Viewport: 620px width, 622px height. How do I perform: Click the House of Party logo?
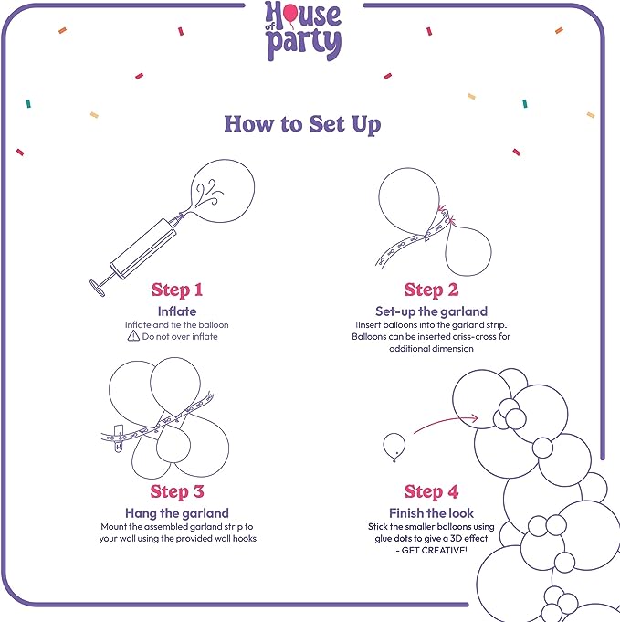[303, 31]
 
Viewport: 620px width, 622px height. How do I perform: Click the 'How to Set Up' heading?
[302, 124]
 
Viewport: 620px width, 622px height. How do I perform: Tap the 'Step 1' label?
[177, 290]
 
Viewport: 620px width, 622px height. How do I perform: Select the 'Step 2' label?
[431, 290]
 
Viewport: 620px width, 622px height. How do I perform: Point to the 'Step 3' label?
[177, 491]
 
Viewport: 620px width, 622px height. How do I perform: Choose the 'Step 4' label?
[431, 491]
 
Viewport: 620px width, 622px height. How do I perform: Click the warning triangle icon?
[133, 336]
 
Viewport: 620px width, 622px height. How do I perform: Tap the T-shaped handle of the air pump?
[98, 288]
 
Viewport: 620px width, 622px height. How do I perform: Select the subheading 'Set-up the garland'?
[431, 311]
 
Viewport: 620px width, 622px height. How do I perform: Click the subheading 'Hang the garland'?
[177, 513]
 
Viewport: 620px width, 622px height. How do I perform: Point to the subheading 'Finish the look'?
[431, 513]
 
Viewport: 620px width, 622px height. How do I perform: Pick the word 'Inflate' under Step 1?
[177, 311]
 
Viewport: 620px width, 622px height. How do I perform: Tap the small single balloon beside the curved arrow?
[394, 447]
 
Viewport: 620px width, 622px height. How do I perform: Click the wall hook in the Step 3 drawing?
[119, 438]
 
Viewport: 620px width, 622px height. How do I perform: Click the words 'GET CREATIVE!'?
[435, 550]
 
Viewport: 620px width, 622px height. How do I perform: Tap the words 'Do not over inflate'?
[180, 336]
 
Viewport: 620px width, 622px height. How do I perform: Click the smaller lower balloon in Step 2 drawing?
[468, 250]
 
